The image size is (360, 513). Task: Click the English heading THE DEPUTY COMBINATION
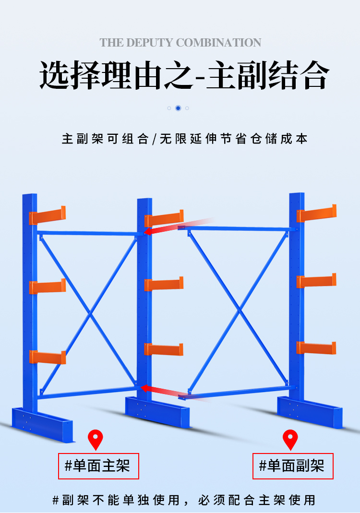pos(180,43)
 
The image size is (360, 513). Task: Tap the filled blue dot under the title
pos(178,108)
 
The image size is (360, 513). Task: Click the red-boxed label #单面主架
pos(98,466)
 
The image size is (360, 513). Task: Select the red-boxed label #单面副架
pos(293,466)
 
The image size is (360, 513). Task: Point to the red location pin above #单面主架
pos(95,439)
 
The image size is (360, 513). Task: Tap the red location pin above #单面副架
pos(290,439)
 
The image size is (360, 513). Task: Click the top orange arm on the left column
pos(48,215)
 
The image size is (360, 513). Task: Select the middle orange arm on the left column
pos(48,286)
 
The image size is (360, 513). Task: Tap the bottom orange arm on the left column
pos(48,357)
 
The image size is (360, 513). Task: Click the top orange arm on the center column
pos(164,218)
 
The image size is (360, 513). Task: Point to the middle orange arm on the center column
pos(164,284)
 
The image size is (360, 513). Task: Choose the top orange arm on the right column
pos(316,214)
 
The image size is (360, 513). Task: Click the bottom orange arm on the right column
pos(316,348)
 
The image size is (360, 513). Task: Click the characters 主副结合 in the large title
pos(267,75)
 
